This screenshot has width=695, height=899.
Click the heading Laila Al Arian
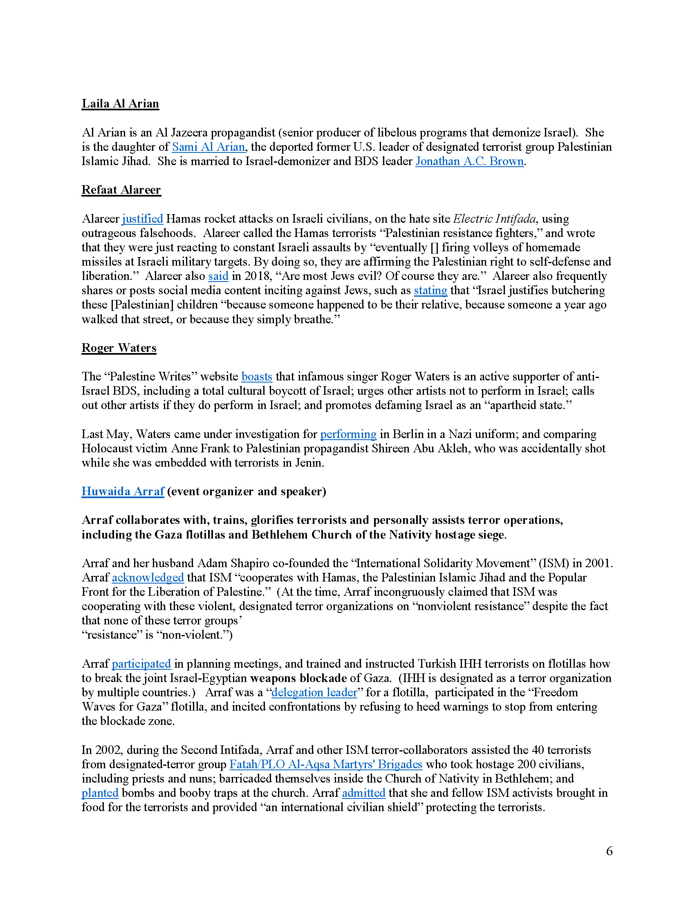coord(120,103)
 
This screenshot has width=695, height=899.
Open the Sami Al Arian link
coord(208,147)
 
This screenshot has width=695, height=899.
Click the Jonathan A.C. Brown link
coord(469,161)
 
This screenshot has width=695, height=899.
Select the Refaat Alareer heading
coord(121,190)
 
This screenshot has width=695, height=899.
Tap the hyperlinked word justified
coord(142,219)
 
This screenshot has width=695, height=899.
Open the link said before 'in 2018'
coord(218,276)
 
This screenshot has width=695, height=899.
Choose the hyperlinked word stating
coord(430,290)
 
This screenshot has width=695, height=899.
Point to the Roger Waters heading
coord(119,348)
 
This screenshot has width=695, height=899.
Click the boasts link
coord(256,376)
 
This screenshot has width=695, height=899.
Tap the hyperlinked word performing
coord(348,434)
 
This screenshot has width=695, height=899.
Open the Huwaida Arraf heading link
coord(123,491)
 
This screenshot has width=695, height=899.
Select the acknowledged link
coord(148,577)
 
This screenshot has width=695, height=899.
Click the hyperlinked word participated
coord(141,664)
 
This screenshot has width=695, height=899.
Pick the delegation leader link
coord(314,692)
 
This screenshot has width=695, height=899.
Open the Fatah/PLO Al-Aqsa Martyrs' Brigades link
coord(326,764)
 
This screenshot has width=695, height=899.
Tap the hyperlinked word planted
coord(100,793)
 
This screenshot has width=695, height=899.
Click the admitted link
coord(363,793)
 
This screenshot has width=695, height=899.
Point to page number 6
coord(610,851)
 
